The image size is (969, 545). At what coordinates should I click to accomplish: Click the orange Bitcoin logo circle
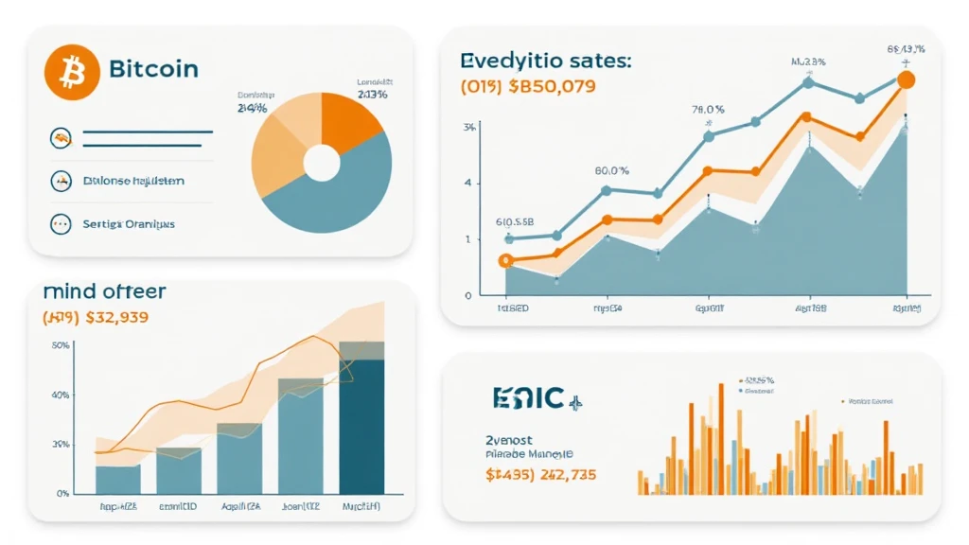[x=72, y=72]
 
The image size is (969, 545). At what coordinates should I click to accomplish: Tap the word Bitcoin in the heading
[x=153, y=70]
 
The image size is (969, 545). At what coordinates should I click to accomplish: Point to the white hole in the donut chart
[x=322, y=163]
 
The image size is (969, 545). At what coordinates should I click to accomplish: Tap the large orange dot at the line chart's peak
[x=905, y=80]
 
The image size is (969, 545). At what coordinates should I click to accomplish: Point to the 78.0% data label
[x=707, y=108]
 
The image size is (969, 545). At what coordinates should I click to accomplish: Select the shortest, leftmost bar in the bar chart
[x=118, y=479]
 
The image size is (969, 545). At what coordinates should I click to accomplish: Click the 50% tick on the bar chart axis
[x=60, y=346]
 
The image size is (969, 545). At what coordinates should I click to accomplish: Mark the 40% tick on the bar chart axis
[x=60, y=396]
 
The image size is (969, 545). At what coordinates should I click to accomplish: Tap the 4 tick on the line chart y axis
[x=467, y=183]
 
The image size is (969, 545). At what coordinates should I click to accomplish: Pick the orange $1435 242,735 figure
[x=541, y=475]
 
